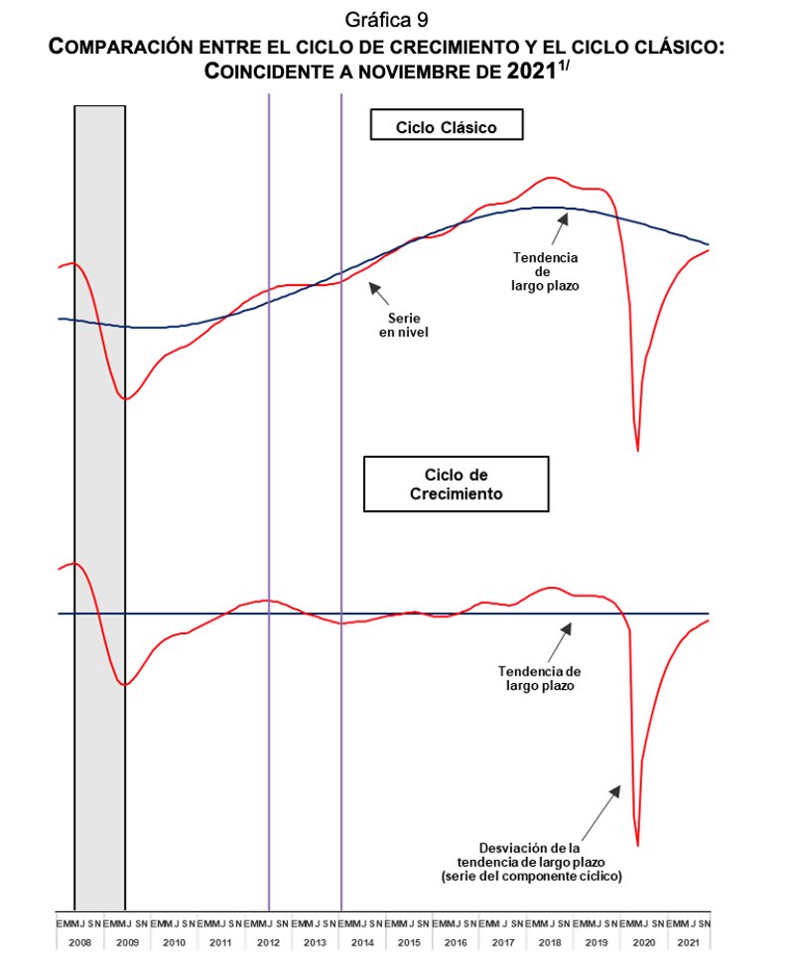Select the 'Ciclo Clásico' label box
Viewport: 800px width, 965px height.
tap(446, 126)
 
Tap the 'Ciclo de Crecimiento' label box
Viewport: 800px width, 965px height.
tap(457, 483)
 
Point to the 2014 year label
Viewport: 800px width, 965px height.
tap(361, 941)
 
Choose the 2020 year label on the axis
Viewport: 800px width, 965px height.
tap(643, 941)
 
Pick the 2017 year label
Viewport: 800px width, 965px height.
tap(502, 941)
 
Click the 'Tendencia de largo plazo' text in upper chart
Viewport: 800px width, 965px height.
tap(545, 271)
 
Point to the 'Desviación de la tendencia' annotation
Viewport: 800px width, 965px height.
tap(531, 862)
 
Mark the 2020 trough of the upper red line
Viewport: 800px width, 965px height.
tap(637, 451)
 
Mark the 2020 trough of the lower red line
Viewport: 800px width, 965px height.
tap(637, 845)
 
